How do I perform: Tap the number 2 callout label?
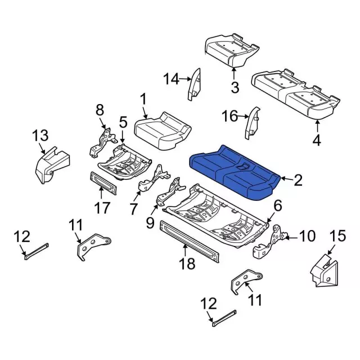[298, 180]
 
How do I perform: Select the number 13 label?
[40, 136]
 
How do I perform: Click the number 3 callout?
[235, 87]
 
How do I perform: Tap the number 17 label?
[102, 208]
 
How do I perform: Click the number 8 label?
[100, 109]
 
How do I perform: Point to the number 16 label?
[231, 116]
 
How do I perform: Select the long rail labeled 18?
[188, 241]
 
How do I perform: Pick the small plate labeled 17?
[105, 183]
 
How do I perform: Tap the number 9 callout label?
[150, 223]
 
